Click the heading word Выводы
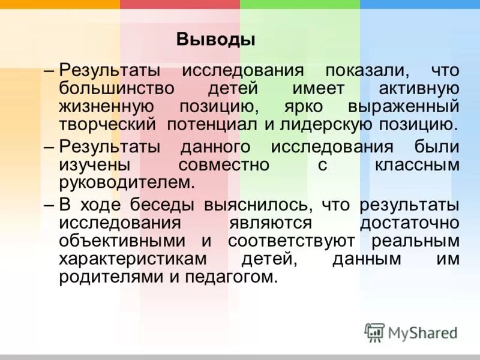click(216, 40)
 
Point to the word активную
click(419, 88)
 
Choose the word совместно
click(223, 165)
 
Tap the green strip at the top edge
click(300, 4)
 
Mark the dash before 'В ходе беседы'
click(50, 205)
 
